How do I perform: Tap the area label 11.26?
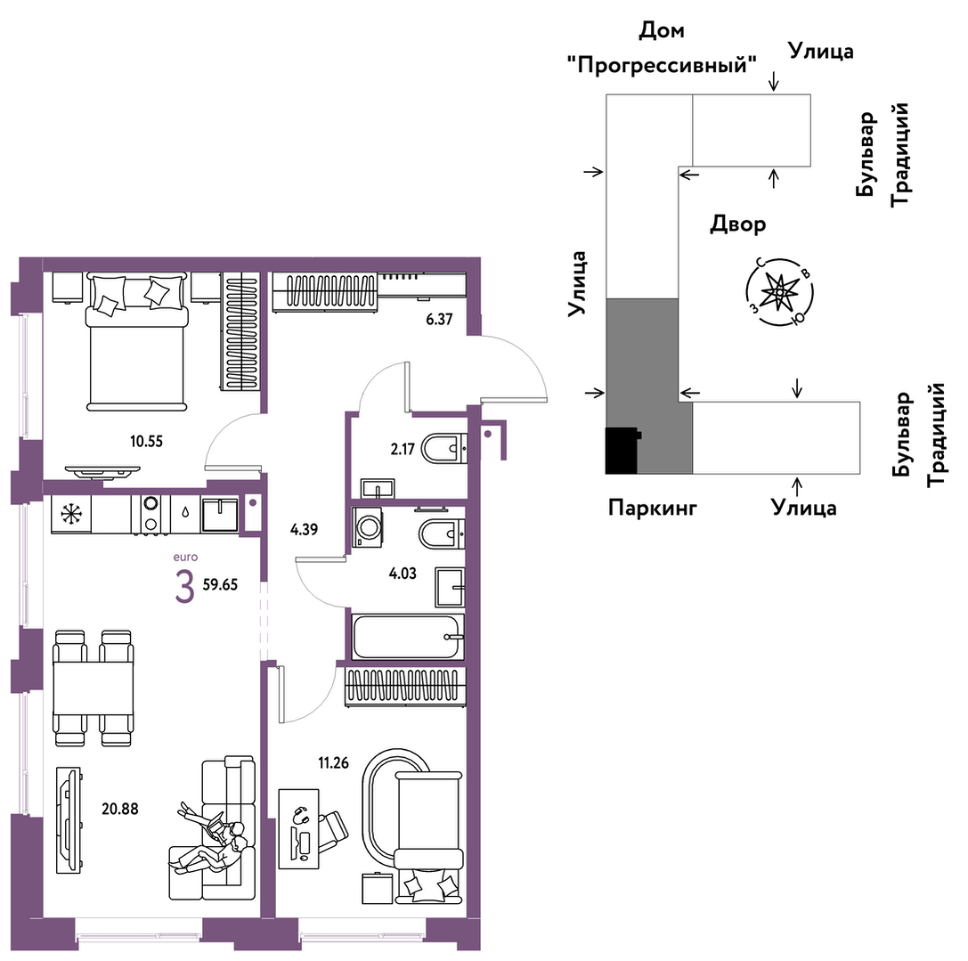(337, 761)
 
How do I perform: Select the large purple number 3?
(183, 588)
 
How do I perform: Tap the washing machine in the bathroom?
(366, 527)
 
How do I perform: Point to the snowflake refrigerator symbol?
(69, 513)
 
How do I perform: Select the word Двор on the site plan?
(737, 224)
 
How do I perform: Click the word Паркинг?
(652, 508)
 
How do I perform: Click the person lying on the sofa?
(212, 841)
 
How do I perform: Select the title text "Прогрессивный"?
(661, 65)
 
